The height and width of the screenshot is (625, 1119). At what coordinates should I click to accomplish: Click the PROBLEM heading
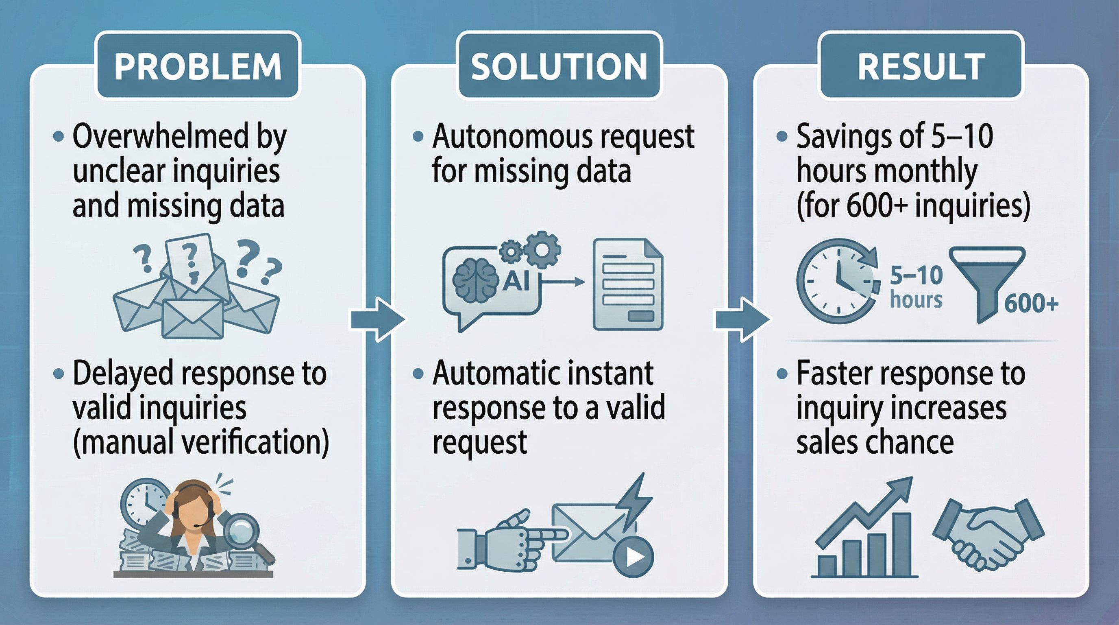click(198, 66)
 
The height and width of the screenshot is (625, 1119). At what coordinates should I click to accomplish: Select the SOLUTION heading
click(559, 66)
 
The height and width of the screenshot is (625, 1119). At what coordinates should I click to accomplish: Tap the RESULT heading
click(921, 66)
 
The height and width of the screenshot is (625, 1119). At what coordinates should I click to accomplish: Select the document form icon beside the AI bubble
click(627, 284)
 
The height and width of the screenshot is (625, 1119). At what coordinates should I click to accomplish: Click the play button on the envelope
click(633, 557)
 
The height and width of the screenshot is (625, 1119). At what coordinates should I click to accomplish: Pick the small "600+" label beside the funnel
click(1031, 304)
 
